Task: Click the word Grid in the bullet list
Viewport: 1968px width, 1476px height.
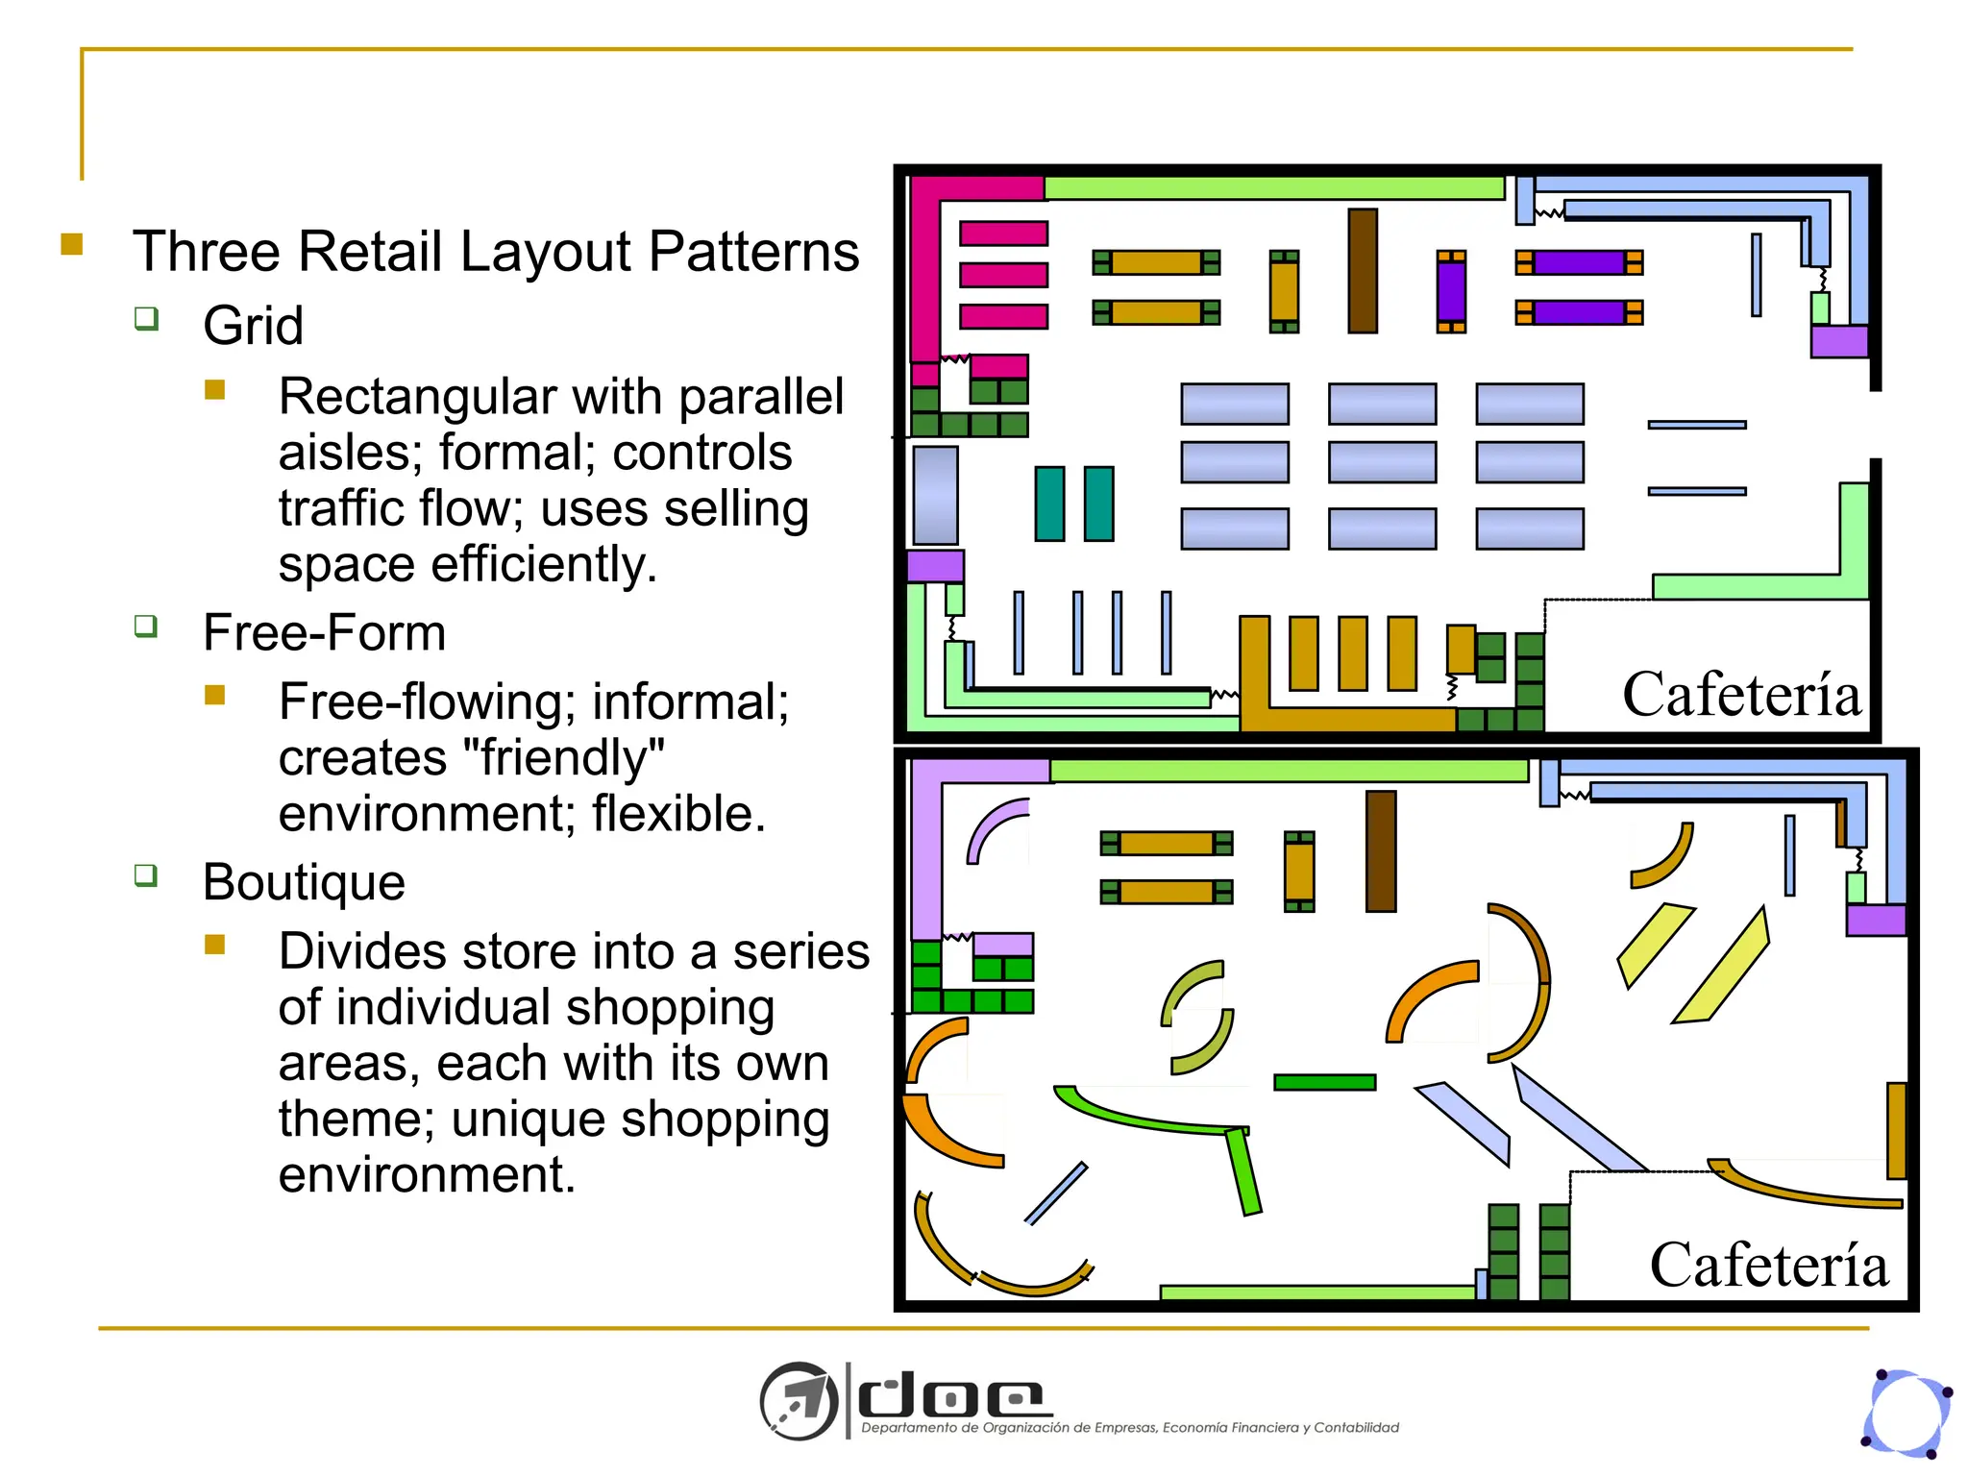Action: [x=253, y=326]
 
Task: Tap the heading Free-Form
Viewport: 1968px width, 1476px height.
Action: [x=324, y=633]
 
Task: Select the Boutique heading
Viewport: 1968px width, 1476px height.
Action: [x=304, y=882]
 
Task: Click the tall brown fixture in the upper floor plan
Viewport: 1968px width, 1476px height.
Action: [x=1363, y=271]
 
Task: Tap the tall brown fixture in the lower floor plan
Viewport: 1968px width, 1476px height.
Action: [x=1381, y=851]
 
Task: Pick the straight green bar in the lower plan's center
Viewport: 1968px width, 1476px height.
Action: [x=1324, y=1082]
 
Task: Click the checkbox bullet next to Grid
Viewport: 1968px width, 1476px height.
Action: [x=146, y=318]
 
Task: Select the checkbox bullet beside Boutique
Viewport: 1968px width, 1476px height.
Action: [x=146, y=875]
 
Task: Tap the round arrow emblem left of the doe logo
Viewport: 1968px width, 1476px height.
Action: [x=799, y=1401]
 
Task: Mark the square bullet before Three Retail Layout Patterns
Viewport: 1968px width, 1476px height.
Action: [x=72, y=244]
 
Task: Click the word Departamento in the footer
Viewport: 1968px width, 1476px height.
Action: [x=909, y=1428]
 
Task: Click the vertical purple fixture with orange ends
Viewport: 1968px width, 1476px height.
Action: [x=1451, y=291]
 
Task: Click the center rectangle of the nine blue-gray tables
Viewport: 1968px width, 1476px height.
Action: [x=1382, y=462]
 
